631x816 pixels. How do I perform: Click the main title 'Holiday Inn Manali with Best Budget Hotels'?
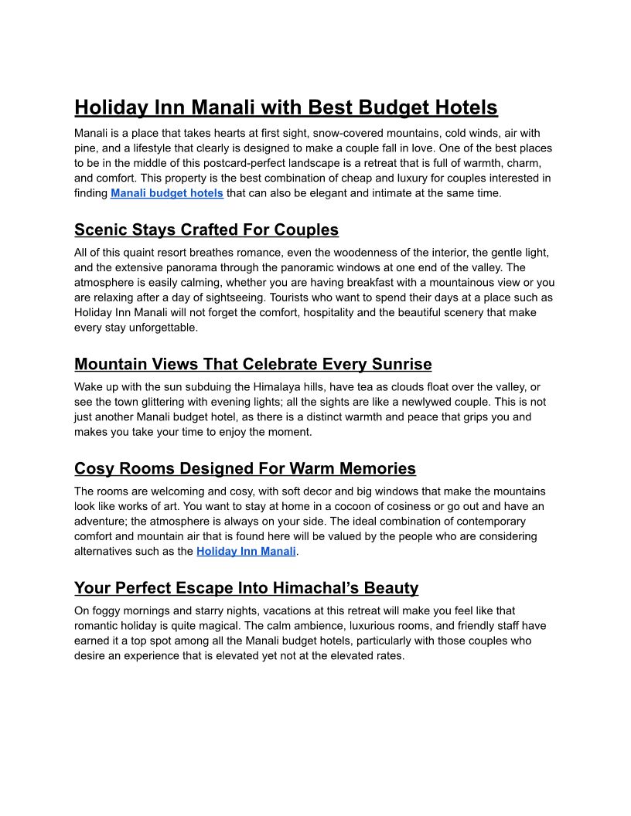pos(286,107)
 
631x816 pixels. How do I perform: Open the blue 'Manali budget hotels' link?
pos(167,193)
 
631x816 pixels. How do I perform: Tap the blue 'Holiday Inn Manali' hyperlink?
pos(246,551)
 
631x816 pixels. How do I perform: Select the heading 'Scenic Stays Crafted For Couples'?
pos(206,229)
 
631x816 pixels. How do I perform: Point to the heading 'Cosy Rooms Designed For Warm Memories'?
pos(245,468)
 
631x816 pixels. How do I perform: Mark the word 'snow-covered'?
pos(346,133)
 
